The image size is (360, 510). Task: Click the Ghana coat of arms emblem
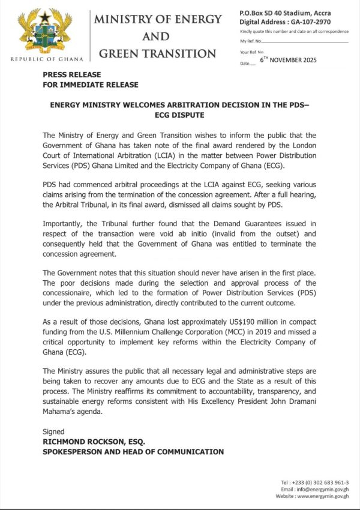pos(45,31)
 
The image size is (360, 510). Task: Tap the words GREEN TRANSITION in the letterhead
pos(157,53)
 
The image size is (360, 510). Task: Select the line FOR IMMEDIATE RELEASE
pos(91,85)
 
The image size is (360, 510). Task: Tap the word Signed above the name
pos(53,431)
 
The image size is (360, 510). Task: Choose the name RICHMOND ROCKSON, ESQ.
pos(97,442)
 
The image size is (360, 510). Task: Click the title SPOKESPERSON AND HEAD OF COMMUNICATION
pos(133,451)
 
